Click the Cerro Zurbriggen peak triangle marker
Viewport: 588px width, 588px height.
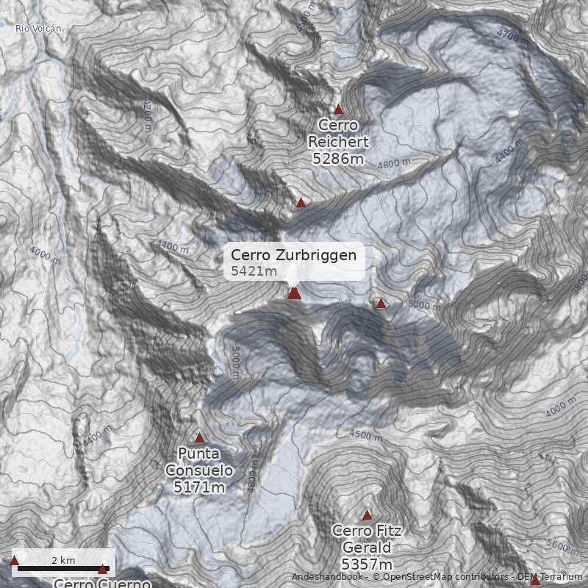[294, 293]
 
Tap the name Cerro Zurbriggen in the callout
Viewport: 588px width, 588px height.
[293, 255]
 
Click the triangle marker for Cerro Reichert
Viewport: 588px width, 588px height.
[338, 110]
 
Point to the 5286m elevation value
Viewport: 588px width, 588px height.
[338, 158]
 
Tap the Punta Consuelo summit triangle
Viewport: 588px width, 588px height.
[199, 438]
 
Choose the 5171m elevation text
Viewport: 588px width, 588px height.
[199, 487]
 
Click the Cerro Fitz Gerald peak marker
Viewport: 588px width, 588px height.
[367, 515]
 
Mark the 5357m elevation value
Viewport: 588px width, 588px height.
[367, 564]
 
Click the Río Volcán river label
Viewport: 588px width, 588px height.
[38, 29]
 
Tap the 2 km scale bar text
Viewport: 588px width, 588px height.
[63, 560]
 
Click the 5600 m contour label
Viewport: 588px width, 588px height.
[562, 545]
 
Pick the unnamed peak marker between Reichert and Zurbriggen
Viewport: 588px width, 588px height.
[301, 202]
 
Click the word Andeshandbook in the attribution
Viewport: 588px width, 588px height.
[326, 577]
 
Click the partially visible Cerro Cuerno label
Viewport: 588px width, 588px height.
[102, 584]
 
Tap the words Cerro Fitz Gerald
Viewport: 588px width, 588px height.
[367, 539]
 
